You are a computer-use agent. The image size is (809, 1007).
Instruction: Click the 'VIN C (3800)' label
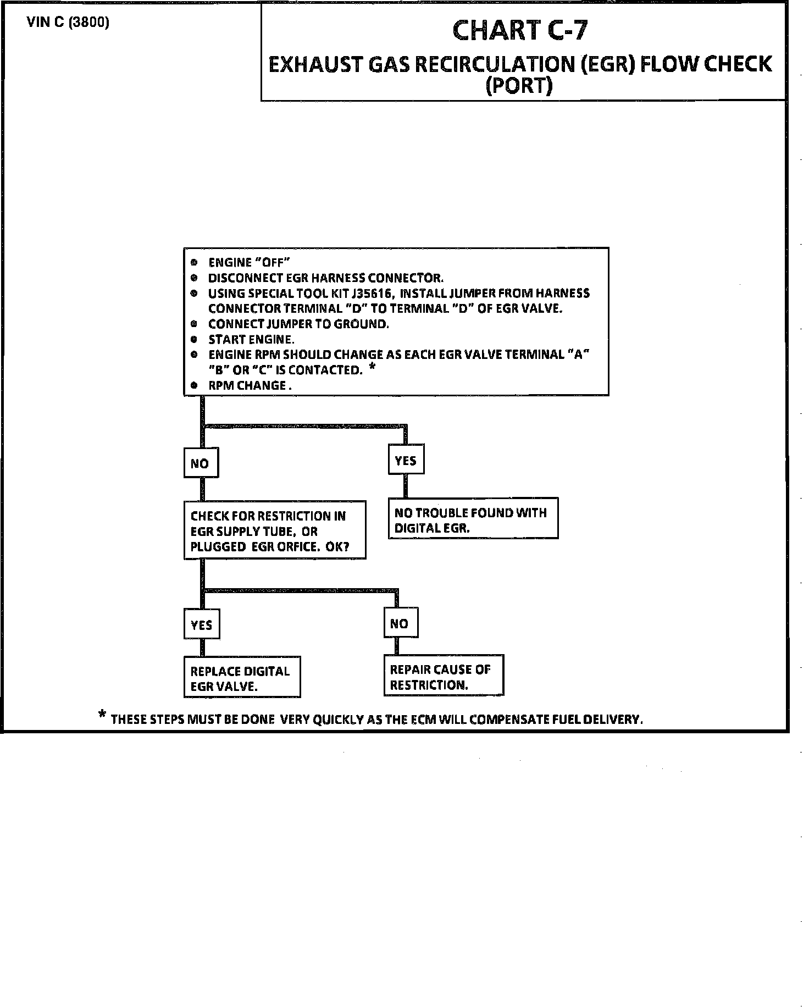pyautogui.click(x=68, y=24)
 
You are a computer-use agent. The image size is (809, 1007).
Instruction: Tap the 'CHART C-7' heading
pyautogui.click(x=519, y=31)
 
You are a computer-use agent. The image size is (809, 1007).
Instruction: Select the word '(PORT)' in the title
pyautogui.click(x=519, y=86)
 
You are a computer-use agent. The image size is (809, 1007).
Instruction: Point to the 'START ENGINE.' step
pyautogui.click(x=251, y=340)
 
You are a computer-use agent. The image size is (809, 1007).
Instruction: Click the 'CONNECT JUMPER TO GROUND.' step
pyautogui.click(x=298, y=324)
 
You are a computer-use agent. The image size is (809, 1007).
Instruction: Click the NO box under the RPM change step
pyautogui.click(x=200, y=464)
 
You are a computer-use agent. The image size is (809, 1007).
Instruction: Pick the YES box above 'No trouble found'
pyautogui.click(x=406, y=461)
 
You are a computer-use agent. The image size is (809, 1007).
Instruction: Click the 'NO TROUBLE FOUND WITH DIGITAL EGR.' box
pyautogui.click(x=473, y=519)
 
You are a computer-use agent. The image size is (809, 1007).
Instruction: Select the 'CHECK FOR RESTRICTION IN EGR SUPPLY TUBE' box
pyautogui.click(x=274, y=531)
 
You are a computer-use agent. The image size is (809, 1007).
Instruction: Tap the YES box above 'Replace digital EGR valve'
pyautogui.click(x=201, y=625)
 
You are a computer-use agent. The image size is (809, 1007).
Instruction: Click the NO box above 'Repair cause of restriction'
pyautogui.click(x=400, y=624)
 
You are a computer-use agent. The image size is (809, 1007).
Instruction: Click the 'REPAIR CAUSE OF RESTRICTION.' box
pyautogui.click(x=443, y=677)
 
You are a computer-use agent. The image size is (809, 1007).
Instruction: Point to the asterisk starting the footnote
pyautogui.click(x=102, y=715)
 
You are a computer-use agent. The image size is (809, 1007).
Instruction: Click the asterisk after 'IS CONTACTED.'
pyautogui.click(x=372, y=367)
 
